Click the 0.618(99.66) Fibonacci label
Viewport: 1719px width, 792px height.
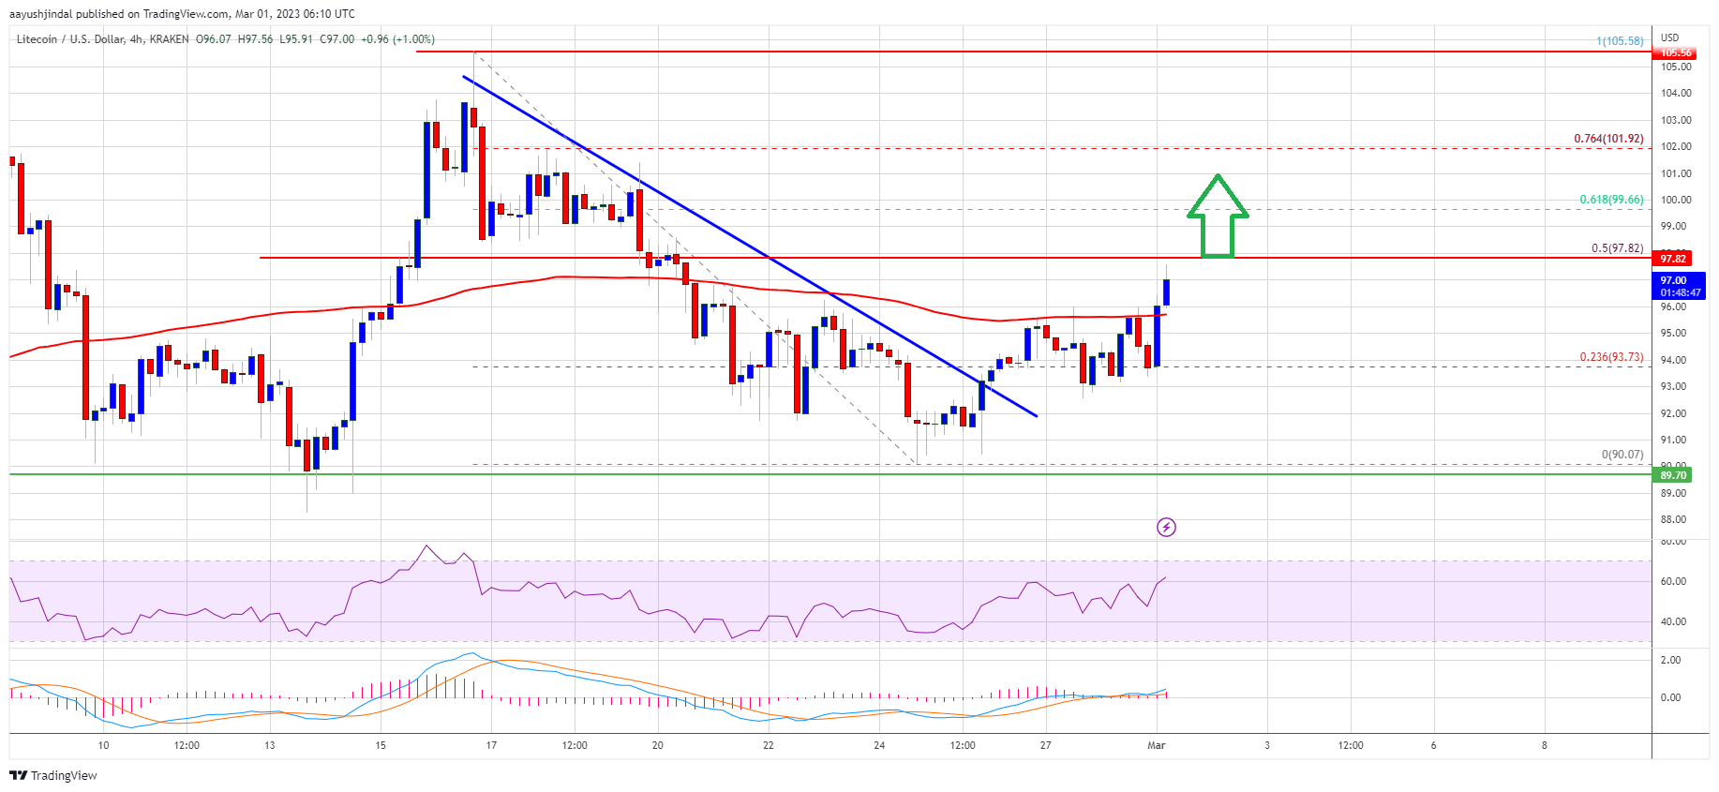click(x=1611, y=200)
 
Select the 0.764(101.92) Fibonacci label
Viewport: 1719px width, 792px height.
click(x=1607, y=139)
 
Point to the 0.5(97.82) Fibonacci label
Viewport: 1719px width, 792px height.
click(x=1617, y=248)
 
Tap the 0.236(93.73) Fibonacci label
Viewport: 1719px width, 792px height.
click(x=1611, y=357)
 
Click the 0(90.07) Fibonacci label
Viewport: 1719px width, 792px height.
click(x=1622, y=455)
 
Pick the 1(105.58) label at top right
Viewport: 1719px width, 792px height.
click(x=1620, y=41)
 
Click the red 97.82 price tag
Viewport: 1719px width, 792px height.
click(x=1673, y=259)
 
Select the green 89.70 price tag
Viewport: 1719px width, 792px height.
click(x=1673, y=475)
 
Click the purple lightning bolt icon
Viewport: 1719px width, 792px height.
click(x=1166, y=527)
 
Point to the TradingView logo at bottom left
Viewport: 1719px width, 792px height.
click(x=53, y=775)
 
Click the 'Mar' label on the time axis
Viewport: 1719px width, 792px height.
click(x=1157, y=745)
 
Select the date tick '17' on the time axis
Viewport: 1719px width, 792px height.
click(x=491, y=745)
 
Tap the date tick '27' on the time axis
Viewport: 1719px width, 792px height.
click(x=1045, y=745)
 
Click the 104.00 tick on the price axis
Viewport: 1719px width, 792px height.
click(x=1676, y=93)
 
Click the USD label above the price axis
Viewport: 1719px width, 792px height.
click(x=1669, y=38)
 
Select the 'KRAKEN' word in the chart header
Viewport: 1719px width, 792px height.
click(x=168, y=39)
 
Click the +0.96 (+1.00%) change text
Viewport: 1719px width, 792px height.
click(x=397, y=39)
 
